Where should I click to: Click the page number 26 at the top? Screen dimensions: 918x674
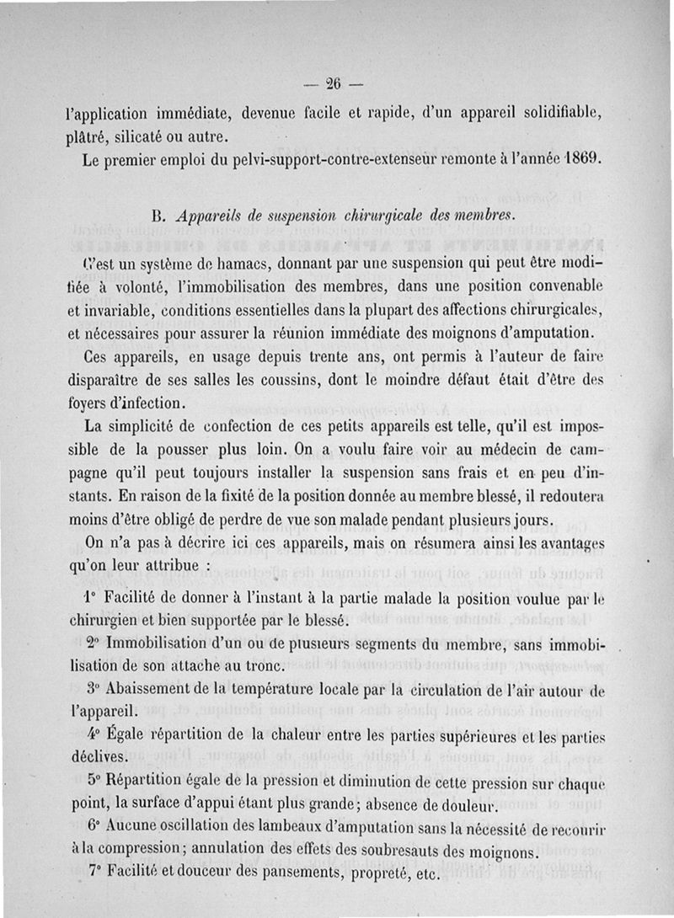[332, 83]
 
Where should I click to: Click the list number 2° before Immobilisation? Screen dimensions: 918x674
[94, 643]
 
